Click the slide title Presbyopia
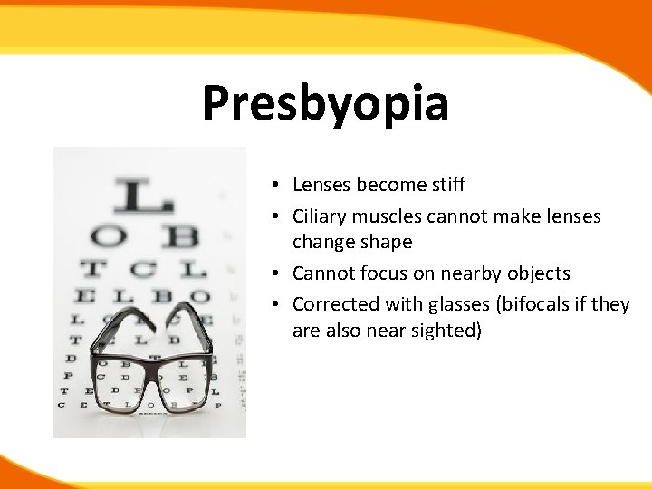(x=325, y=103)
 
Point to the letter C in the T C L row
(x=142, y=269)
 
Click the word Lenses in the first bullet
(x=322, y=185)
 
